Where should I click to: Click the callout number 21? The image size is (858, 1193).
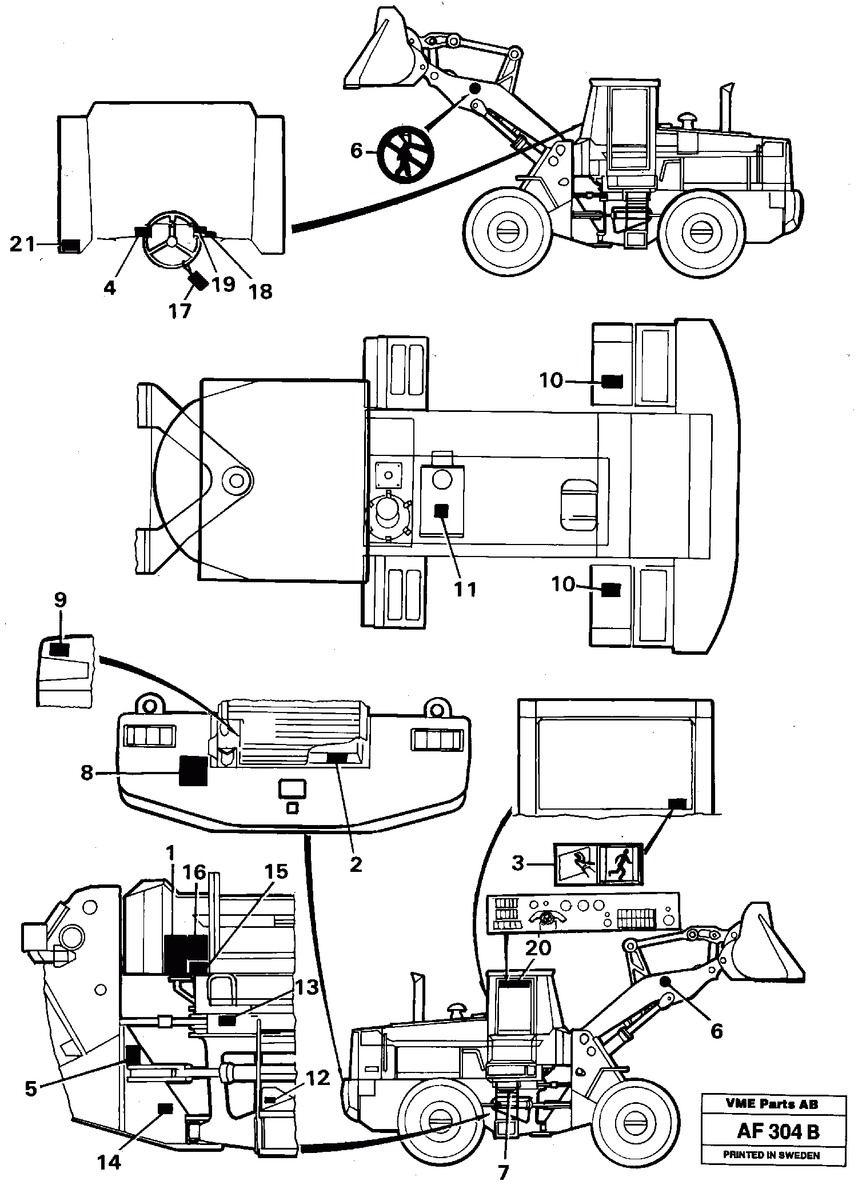(x=22, y=245)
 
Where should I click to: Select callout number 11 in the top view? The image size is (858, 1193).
(x=465, y=589)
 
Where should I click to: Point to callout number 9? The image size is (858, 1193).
(x=60, y=600)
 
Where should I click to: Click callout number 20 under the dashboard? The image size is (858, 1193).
(x=538, y=948)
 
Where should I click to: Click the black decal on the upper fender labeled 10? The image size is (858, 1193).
(x=612, y=382)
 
